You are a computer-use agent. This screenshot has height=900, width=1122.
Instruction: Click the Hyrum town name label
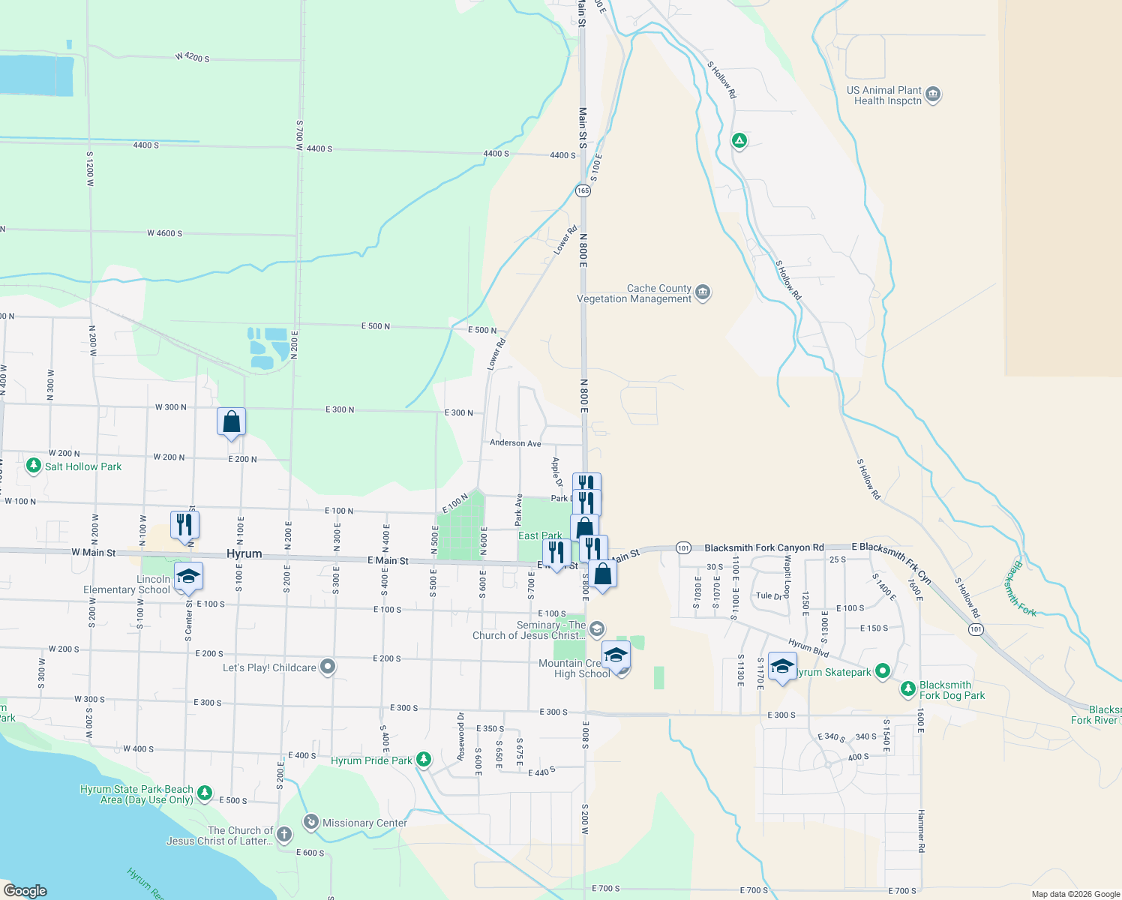[x=244, y=553]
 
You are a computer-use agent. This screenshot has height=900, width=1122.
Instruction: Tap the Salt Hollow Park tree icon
[x=33, y=466]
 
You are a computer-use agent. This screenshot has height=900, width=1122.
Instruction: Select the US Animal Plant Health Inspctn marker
[x=934, y=94]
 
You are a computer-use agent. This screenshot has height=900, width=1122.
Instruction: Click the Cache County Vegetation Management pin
[x=703, y=292]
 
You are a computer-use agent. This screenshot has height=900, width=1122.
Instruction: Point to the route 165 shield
[x=583, y=190]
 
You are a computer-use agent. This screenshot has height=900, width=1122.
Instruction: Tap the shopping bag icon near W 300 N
[x=232, y=421]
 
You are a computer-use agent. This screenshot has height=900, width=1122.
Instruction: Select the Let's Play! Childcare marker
[x=328, y=667]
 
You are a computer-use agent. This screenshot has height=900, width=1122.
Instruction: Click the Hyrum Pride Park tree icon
[x=424, y=760]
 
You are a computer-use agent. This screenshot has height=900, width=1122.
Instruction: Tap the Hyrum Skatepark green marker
[x=883, y=671]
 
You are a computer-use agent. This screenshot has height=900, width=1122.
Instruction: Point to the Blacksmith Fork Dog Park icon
[x=908, y=688]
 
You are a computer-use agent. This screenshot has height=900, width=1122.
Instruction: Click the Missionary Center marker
[x=311, y=822]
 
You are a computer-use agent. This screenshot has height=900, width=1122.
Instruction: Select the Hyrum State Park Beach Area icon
[x=205, y=793]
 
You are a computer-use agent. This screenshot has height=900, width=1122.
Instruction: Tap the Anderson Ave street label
[x=515, y=443]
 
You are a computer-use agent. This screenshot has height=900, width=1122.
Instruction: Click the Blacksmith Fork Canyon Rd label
[x=763, y=547]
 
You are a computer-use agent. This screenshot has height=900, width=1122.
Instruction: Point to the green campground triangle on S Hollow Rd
[x=739, y=140]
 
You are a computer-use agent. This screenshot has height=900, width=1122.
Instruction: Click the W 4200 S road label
[x=192, y=57]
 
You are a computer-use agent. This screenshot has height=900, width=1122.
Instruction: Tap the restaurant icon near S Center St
[x=184, y=524]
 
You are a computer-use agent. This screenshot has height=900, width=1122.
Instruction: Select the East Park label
[x=540, y=535]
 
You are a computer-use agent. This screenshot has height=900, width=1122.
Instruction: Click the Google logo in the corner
[x=25, y=890]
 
